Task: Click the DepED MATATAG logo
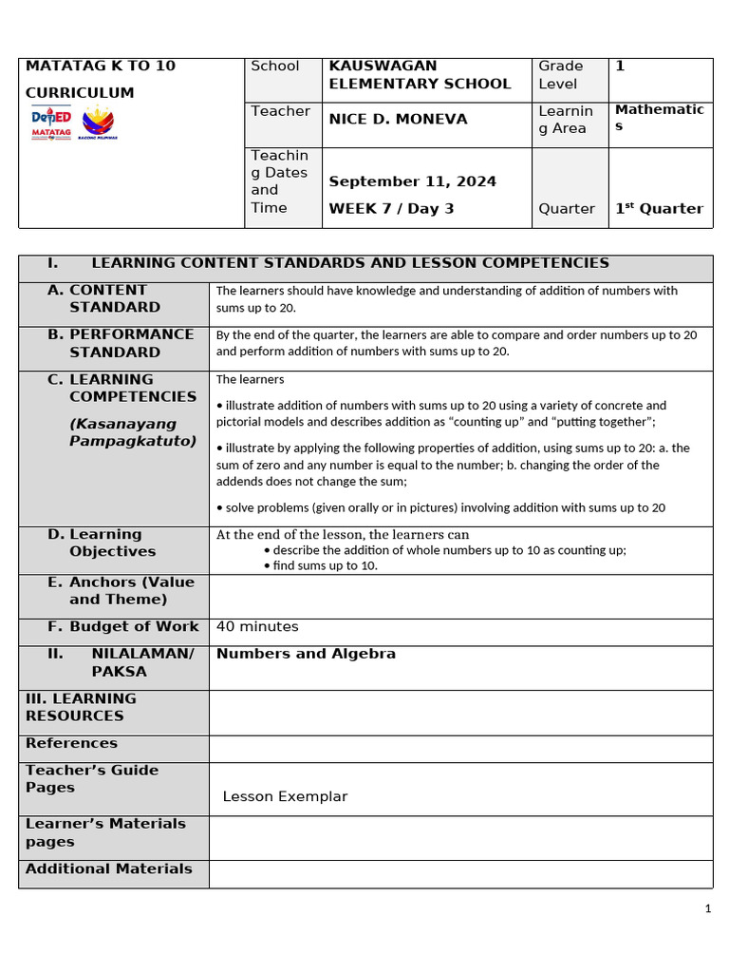(51, 124)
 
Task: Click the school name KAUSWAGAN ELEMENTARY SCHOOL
(420, 75)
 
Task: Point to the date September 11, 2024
(412, 181)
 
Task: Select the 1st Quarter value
(659, 208)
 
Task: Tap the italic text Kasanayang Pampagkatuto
(132, 432)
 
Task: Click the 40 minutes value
(257, 626)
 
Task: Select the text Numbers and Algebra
(306, 654)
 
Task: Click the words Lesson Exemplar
(285, 796)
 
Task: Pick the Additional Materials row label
(108, 868)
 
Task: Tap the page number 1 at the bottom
(707, 909)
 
